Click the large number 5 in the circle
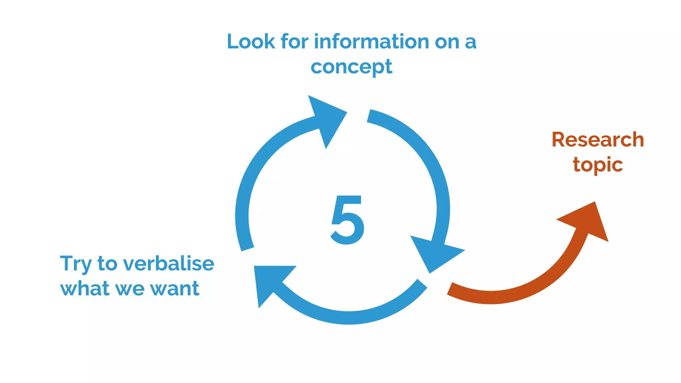pyautogui.click(x=347, y=220)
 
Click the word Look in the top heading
pyautogui.click(x=251, y=42)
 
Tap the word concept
pyautogui.click(x=351, y=67)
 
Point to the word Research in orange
pyautogui.click(x=598, y=140)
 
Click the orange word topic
pyautogui.click(x=598, y=165)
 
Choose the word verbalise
pyautogui.click(x=169, y=264)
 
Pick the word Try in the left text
pyautogui.click(x=75, y=264)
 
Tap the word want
pyautogui.click(x=175, y=289)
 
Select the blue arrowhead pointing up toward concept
pyautogui.click(x=326, y=118)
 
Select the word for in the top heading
pyautogui.click(x=294, y=42)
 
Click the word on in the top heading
pyautogui.click(x=447, y=43)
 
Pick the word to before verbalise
pyautogui.click(x=107, y=264)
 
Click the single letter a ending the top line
pyautogui.click(x=471, y=43)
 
